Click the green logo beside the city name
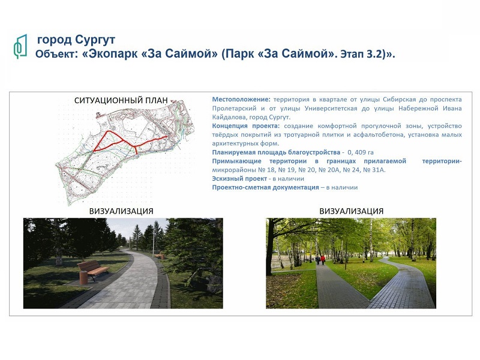20,46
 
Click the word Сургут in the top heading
95,40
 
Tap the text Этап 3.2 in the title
362,54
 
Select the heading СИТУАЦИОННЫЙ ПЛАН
121,100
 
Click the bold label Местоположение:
241,100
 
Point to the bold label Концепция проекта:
246,126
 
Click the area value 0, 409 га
361,152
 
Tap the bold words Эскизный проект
239,179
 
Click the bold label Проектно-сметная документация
265,187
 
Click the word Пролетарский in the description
234,109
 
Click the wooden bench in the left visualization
94,270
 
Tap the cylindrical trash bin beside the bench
83,277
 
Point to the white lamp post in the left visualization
154,241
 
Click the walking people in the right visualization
320,260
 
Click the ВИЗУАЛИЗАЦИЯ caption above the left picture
121,211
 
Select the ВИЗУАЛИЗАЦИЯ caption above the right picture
351,211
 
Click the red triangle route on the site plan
109,142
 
